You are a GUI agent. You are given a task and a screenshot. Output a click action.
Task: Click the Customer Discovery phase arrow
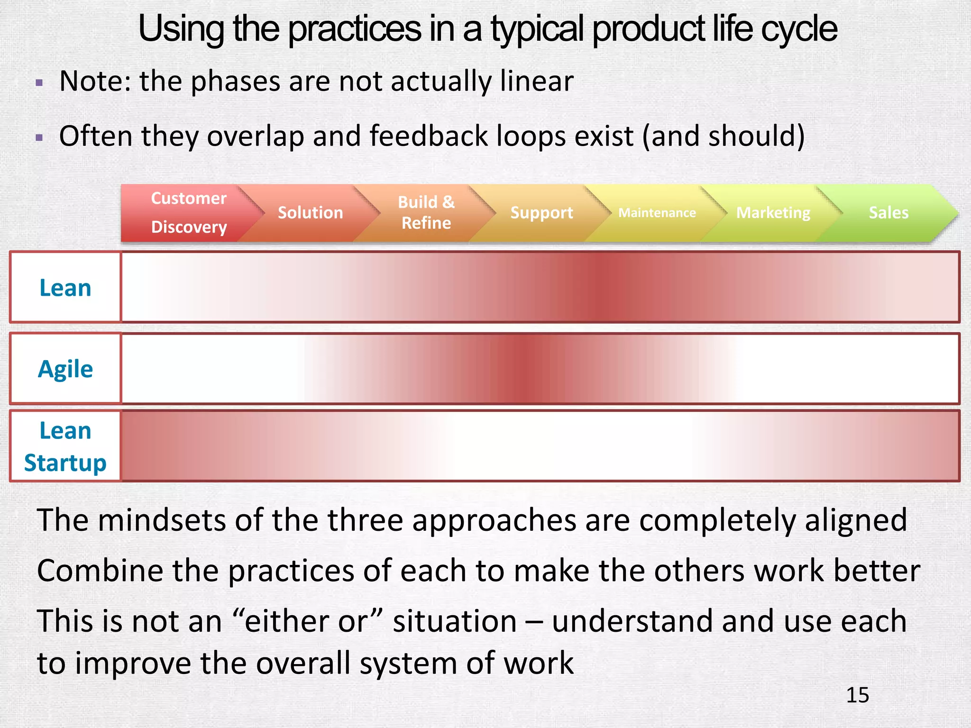pos(189,213)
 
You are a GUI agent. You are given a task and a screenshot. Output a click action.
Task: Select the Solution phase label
pos(310,213)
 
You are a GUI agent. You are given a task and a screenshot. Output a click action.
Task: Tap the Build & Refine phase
pos(426,213)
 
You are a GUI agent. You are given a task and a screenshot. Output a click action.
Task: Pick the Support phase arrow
pos(541,213)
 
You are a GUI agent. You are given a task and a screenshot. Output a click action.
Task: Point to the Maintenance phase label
pos(657,213)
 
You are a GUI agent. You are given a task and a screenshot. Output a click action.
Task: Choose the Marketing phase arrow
pos(773,213)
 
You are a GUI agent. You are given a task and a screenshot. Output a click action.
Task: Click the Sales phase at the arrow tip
pos(889,213)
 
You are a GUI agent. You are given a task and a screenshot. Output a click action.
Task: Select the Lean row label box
pos(65,288)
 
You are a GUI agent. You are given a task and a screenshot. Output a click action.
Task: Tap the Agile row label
pos(65,369)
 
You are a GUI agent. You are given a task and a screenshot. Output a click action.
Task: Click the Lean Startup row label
pos(65,446)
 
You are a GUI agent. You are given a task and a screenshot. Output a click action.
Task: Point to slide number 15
pos(857,695)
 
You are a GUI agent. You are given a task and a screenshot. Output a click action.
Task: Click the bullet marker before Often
pos(39,138)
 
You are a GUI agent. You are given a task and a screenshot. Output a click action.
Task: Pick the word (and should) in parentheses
pos(723,136)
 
